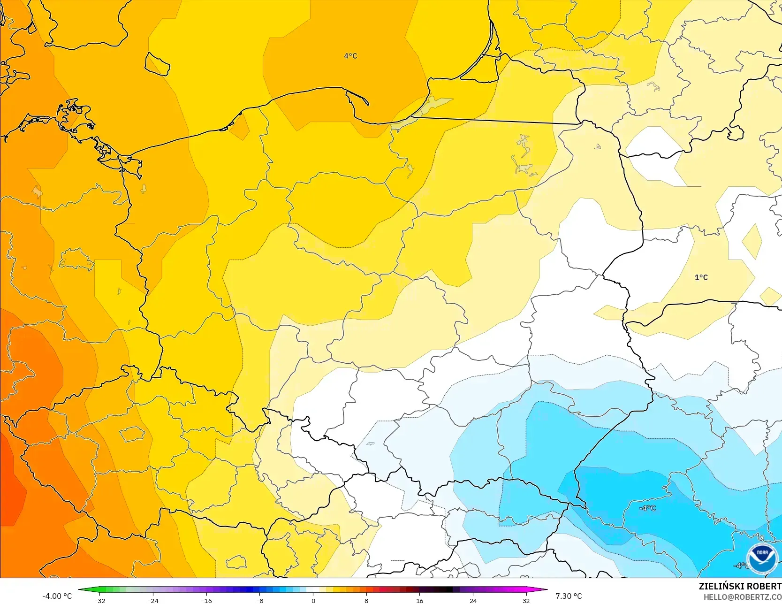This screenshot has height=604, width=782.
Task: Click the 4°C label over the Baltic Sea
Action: pyautogui.click(x=350, y=56)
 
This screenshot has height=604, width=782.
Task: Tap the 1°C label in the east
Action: pyautogui.click(x=701, y=277)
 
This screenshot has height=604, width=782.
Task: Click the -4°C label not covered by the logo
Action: pyautogui.click(x=647, y=508)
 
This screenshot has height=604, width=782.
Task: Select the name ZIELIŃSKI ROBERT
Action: pyautogui.click(x=740, y=586)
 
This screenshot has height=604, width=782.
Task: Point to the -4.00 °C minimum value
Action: pyautogui.click(x=57, y=596)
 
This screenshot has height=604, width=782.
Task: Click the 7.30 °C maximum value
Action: pyautogui.click(x=568, y=596)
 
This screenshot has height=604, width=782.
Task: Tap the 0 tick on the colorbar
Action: pyautogui.click(x=313, y=601)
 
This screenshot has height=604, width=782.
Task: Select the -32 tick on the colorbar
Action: pyautogui.click(x=99, y=601)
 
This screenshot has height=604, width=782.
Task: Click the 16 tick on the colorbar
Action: pyautogui.click(x=419, y=601)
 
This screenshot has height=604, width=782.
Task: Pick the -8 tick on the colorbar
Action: pyautogui.click(x=259, y=601)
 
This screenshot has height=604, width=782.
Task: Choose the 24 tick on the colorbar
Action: pyautogui.click(x=473, y=601)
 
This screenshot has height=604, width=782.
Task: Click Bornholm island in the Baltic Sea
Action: pyautogui.click(x=157, y=64)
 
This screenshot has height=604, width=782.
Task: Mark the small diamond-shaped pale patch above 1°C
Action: pyautogui.click(x=752, y=241)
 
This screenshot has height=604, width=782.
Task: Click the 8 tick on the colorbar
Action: pyautogui.click(x=366, y=601)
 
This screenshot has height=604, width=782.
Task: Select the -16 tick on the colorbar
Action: pyautogui.click(x=206, y=601)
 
